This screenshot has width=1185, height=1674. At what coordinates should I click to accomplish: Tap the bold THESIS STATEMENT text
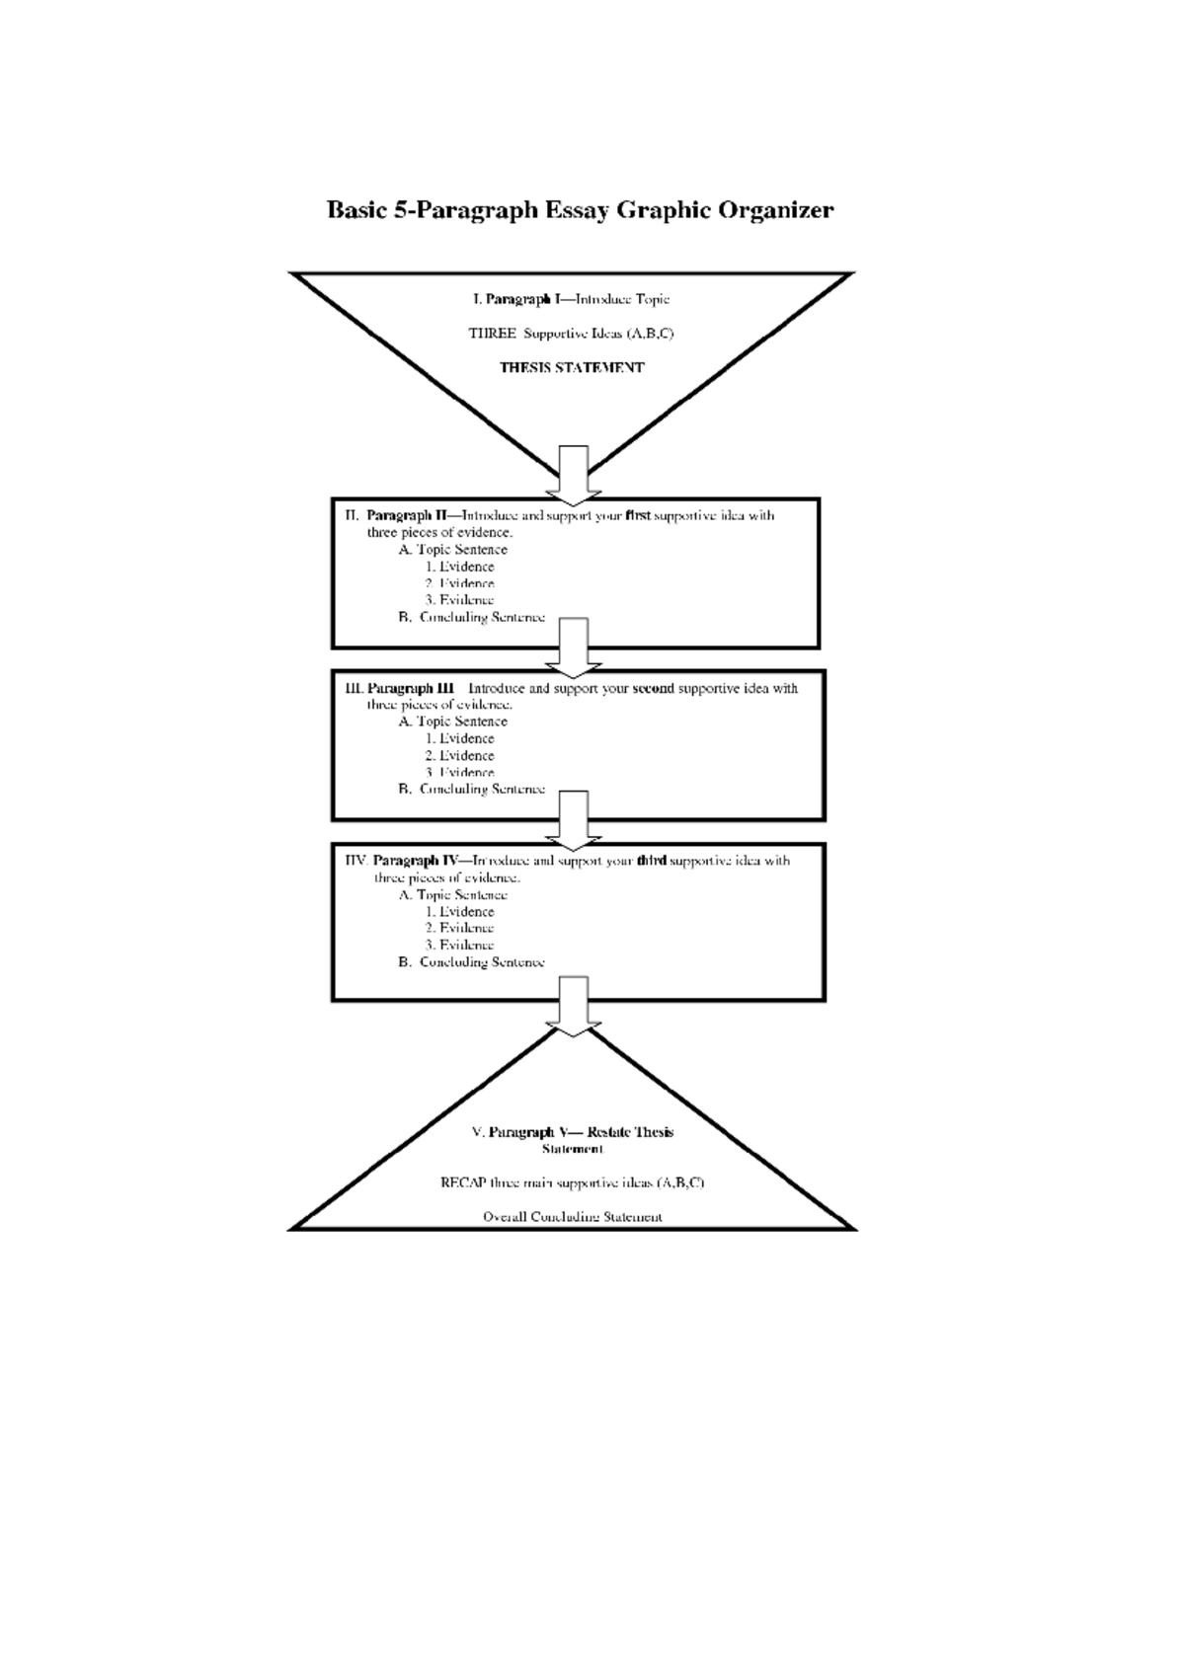[x=572, y=367]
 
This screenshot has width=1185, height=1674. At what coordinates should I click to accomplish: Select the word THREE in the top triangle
[x=492, y=334]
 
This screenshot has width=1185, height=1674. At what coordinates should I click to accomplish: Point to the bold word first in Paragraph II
[x=638, y=515]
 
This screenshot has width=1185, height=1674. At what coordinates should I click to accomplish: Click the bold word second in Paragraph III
[x=653, y=688]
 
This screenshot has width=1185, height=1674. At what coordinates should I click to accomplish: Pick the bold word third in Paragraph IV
[x=652, y=861]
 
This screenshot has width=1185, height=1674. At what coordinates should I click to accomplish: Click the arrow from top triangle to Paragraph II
[x=574, y=475]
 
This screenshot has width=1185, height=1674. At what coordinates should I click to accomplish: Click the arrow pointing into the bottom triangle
[x=574, y=1005]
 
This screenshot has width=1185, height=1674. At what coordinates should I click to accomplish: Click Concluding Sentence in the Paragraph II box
[x=482, y=617]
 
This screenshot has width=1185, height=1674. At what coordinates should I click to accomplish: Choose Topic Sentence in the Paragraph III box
[x=461, y=722]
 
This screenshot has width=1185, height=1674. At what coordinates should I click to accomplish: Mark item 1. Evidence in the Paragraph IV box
[x=460, y=912]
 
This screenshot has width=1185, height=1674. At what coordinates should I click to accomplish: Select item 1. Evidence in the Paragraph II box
[x=460, y=567]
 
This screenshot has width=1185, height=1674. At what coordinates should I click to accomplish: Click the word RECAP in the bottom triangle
[x=461, y=1182]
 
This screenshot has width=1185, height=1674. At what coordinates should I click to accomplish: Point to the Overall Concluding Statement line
[x=573, y=1217]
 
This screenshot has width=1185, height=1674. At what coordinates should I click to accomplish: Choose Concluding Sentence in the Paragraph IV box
[x=482, y=962]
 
